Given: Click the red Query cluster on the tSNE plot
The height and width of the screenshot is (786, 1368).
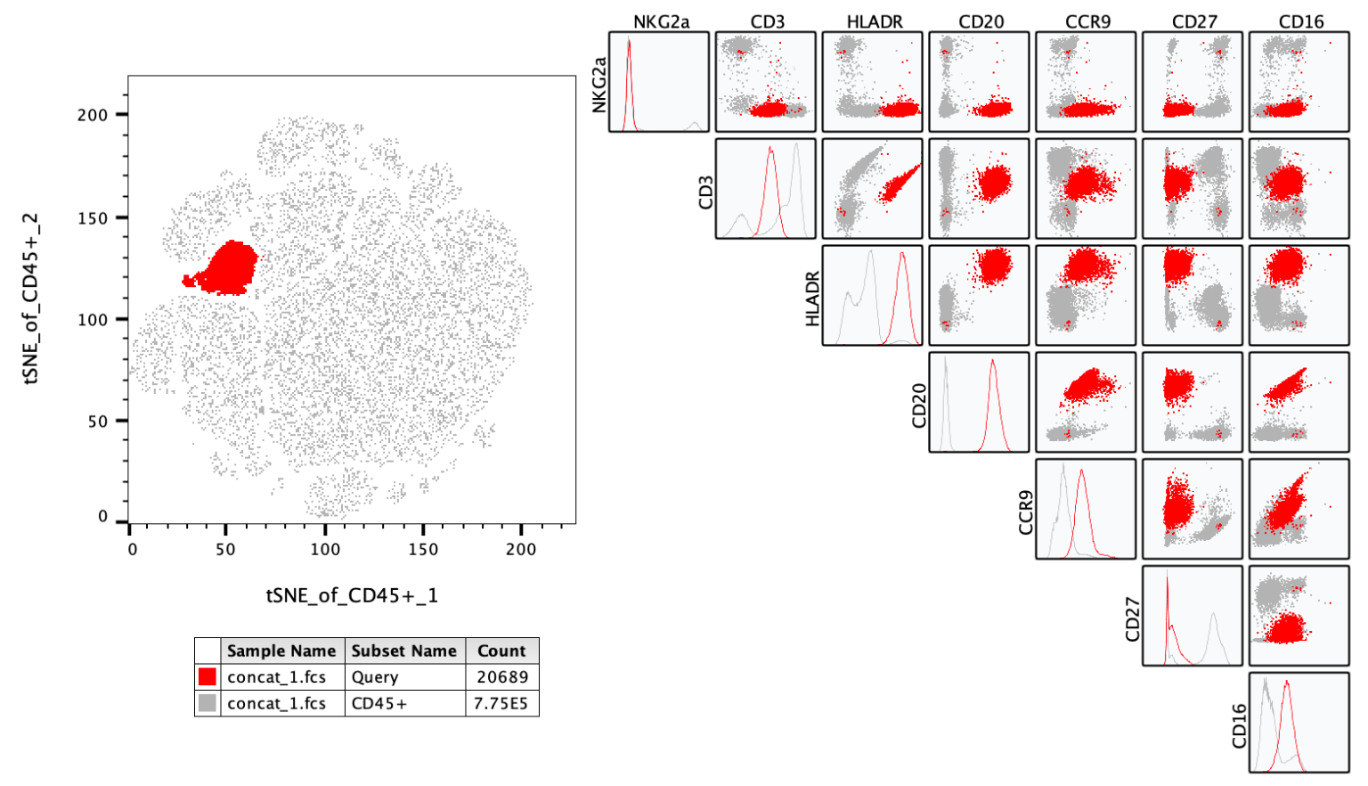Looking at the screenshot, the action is [227, 269].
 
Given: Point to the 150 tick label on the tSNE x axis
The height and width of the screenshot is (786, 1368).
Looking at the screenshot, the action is [423, 550].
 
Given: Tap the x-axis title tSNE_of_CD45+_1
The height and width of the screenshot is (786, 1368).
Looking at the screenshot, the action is [352, 595].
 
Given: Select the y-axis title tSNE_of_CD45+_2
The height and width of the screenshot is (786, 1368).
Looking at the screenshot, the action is [30, 299].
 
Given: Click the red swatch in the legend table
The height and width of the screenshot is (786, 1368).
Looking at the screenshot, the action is [208, 676].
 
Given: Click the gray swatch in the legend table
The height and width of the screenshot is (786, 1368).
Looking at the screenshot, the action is [208, 703].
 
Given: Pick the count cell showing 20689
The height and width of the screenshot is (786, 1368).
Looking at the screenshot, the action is [502, 677].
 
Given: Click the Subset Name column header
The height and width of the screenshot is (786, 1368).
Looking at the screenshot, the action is [404, 651].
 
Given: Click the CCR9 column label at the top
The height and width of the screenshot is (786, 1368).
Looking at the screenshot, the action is [1087, 22].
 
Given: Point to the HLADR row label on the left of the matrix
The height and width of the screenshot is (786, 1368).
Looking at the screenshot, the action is [812, 299].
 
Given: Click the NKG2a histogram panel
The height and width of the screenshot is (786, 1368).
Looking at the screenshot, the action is [659, 82].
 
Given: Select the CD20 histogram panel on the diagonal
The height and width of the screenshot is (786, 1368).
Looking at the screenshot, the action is [979, 402].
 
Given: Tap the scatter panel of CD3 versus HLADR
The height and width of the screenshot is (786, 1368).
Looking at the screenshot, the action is [872, 188].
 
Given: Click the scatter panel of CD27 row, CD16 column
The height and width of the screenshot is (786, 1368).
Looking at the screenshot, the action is [1299, 616].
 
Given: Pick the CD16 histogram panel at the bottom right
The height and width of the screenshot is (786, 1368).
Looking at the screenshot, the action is [1299, 723].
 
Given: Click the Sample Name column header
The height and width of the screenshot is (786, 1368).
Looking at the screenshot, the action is [281, 651].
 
